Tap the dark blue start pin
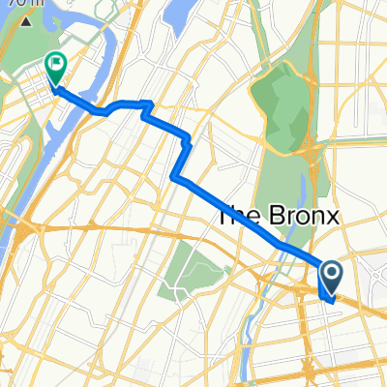click(x=330, y=278)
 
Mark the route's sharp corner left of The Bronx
click(x=174, y=177)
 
